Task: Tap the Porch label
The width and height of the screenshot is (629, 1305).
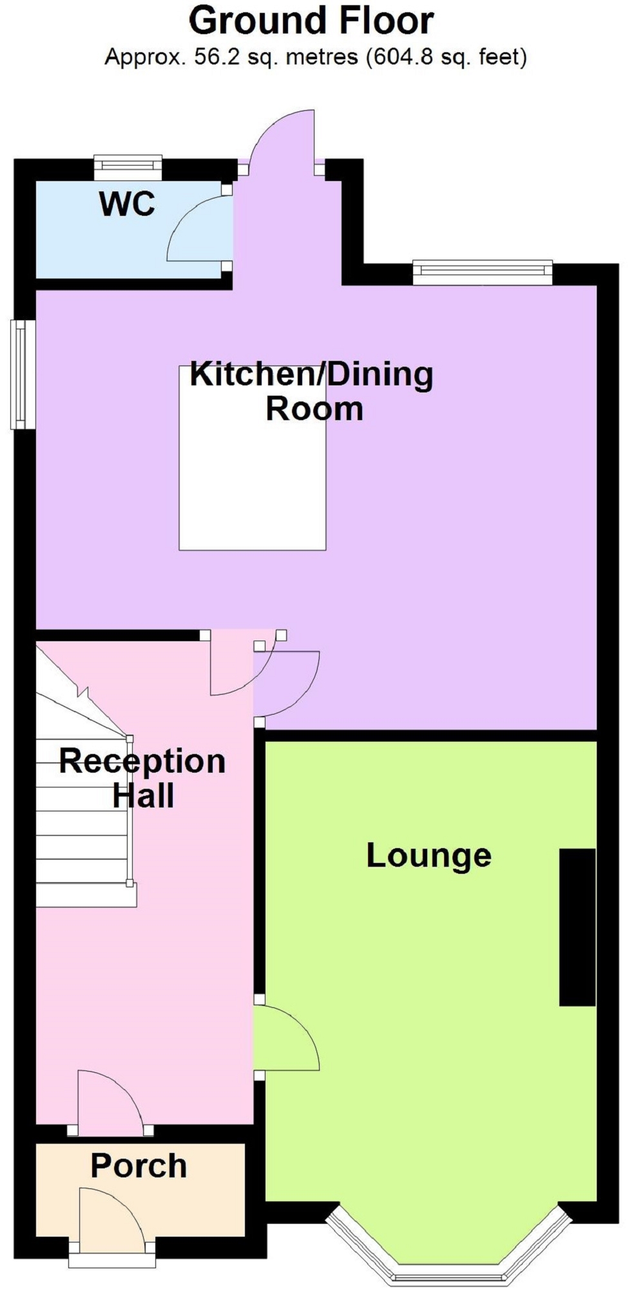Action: (139, 1166)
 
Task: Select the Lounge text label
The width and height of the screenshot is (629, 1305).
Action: (429, 856)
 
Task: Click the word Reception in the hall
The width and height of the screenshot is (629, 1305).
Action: (142, 761)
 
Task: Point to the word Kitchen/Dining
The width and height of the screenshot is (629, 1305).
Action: (311, 374)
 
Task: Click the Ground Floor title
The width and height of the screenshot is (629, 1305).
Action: (311, 21)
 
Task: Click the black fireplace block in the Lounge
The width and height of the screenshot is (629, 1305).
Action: (577, 927)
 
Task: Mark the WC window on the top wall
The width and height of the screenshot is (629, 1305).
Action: (128, 168)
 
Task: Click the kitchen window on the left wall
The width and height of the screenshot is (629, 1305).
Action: (22, 374)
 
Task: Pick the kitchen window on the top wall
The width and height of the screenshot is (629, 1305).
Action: (483, 272)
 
